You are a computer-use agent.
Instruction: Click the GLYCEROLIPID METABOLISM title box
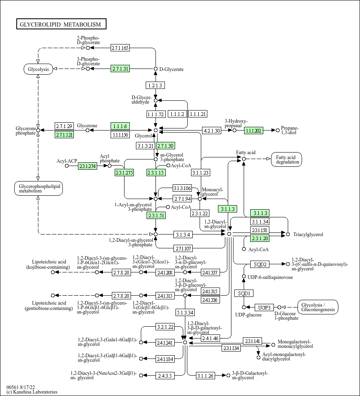61,24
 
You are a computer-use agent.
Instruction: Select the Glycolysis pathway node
38,69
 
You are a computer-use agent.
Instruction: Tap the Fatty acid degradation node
287,159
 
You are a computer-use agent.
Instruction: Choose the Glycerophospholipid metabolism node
38,188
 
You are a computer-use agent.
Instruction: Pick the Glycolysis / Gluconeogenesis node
318,307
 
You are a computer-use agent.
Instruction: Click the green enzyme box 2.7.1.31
120,69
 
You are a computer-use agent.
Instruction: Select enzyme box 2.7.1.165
120,48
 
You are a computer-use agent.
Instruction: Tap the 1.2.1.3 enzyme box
155,85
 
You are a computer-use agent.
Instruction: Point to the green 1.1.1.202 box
253,131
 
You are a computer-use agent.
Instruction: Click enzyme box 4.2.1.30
212,131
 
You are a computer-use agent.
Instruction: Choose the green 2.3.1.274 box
87,166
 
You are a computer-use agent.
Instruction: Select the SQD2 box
260,264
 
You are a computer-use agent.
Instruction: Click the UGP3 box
264,308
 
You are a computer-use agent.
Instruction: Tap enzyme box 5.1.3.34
185,312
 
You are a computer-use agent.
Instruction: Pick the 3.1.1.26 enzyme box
206,376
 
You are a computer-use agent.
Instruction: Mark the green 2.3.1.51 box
156,215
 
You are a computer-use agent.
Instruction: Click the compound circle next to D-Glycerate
156,69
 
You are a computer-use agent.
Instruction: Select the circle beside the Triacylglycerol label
288,235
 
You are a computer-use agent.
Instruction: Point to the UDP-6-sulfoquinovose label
270,277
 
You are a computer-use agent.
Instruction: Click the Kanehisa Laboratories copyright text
32,392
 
